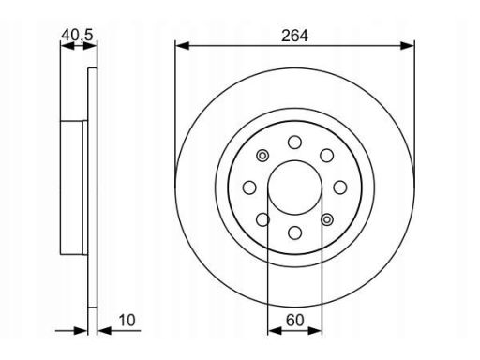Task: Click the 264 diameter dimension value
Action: (x=294, y=36)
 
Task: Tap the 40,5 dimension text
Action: (x=77, y=35)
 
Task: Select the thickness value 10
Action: (x=127, y=321)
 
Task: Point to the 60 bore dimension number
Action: (x=294, y=321)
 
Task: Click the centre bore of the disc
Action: (x=294, y=187)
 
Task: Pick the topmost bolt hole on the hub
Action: (x=294, y=142)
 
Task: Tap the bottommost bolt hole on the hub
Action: (x=294, y=232)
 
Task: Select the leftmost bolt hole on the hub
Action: (x=249, y=187)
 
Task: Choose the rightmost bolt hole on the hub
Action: (x=340, y=187)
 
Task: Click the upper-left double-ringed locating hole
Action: (x=262, y=156)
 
